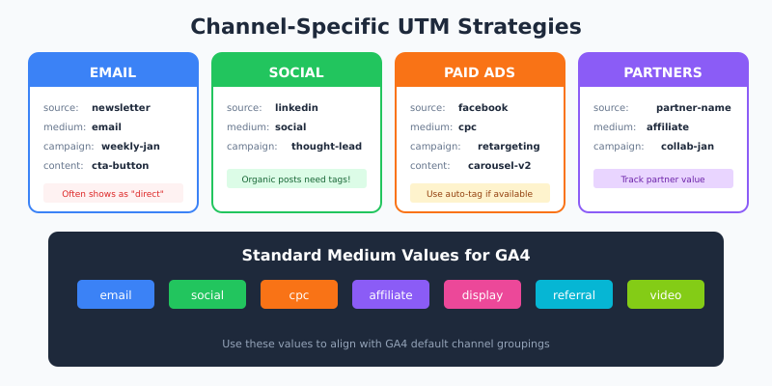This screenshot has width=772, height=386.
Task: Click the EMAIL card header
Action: pyautogui.click(x=113, y=72)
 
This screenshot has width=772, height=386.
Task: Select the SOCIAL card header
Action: pyautogui.click(x=296, y=72)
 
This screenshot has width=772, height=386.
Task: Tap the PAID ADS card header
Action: pyautogui.click(x=480, y=72)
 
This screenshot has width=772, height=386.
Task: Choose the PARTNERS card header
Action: pyautogui.click(x=663, y=72)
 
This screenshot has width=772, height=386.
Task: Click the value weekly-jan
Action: pyautogui.click(x=130, y=147)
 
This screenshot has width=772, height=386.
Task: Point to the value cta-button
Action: pyautogui.click(x=120, y=166)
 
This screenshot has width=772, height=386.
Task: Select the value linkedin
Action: pyautogui.click(x=296, y=108)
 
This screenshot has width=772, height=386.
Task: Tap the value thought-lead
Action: pyautogui.click(x=326, y=147)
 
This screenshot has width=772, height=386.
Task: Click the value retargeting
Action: pyautogui.click(x=509, y=147)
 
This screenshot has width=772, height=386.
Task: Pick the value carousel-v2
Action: pyautogui.click(x=499, y=166)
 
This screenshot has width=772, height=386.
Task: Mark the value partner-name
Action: pyautogui.click(x=693, y=108)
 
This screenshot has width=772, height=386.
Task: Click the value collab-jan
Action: pyautogui.click(x=687, y=147)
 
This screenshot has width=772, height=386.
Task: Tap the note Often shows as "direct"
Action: pyautogui.click(x=113, y=193)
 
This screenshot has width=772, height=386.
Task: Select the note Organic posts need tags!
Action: pyautogui.click(x=296, y=179)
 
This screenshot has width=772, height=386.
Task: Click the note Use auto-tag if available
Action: pyautogui.click(x=480, y=193)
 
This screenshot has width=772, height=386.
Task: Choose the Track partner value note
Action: pyautogui.click(x=663, y=179)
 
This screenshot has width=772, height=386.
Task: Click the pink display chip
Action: pyautogui.click(x=482, y=294)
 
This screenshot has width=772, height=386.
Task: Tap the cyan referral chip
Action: pyautogui.click(x=574, y=294)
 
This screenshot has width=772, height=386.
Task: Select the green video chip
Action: pyautogui.click(x=666, y=294)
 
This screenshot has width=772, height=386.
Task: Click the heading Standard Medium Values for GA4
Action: pyautogui.click(x=386, y=256)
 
